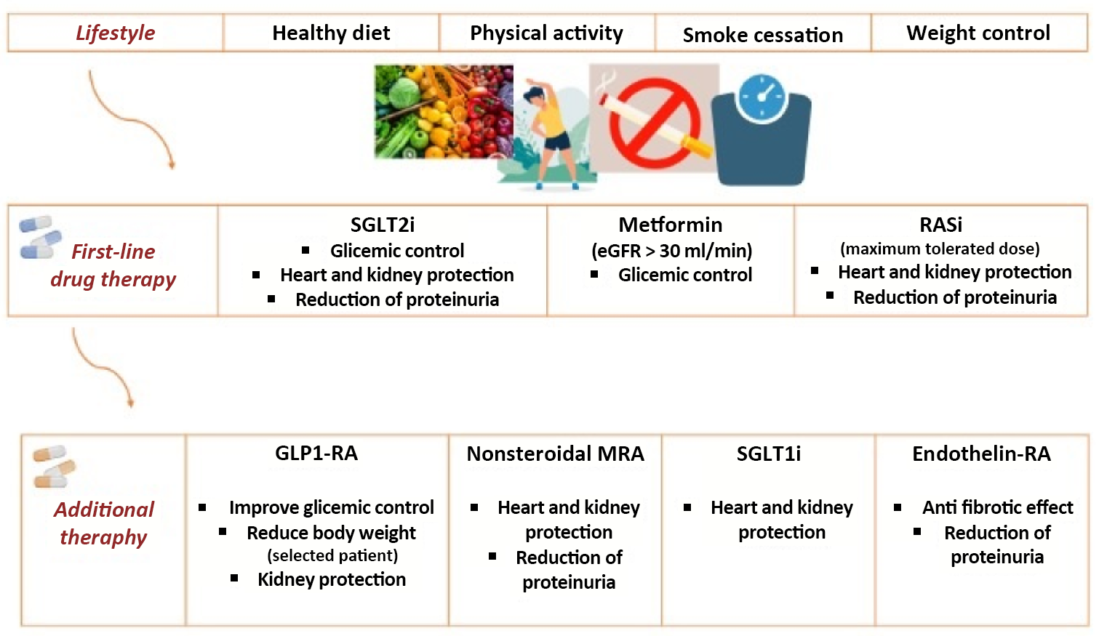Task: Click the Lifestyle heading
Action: [x=115, y=33]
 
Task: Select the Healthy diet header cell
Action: [x=331, y=33]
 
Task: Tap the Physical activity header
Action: [x=546, y=33]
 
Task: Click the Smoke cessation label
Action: [x=762, y=35]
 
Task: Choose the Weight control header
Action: [x=978, y=33]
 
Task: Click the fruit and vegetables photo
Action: [x=442, y=111]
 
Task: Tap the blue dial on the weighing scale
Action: [x=762, y=98]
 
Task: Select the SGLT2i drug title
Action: [x=383, y=225]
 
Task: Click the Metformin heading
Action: [x=670, y=225]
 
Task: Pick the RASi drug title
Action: [x=940, y=225]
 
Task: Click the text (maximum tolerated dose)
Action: [x=940, y=249]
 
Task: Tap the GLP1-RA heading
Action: [x=316, y=454]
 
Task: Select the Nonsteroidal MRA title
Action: [x=555, y=454]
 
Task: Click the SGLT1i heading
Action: [x=768, y=454]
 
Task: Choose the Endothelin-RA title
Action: [x=981, y=454]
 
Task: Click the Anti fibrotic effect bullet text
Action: [x=997, y=507]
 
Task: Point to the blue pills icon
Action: [x=40, y=237]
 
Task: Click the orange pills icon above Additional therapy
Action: [x=54, y=467]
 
